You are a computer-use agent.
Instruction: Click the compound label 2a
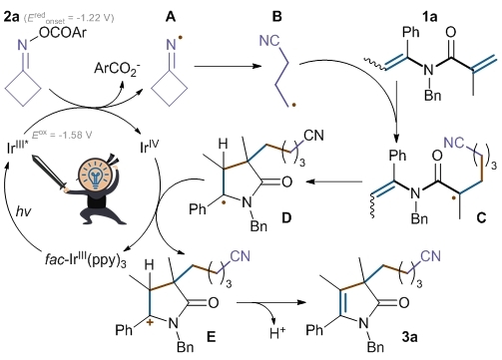pyautogui.click(x=12, y=17)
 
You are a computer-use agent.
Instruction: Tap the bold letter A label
pyautogui.click(x=171, y=17)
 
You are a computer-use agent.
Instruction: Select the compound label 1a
pyautogui.click(x=429, y=17)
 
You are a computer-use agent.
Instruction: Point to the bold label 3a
pyautogui.click(x=409, y=337)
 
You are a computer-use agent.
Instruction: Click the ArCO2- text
pyautogui.click(x=117, y=69)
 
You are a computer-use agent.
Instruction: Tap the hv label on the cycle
pyautogui.click(x=23, y=210)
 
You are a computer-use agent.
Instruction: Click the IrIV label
pyautogui.click(x=150, y=147)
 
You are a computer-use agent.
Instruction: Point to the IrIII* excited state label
pyautogui.click(x=17, y=148)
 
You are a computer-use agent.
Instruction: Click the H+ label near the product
pyautogui.click(x=277, y=333)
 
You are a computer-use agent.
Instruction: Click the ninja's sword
pyautogui.click(x=49, y=173)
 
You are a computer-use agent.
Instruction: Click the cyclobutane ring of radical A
pyautogui.click(x=170, y=89)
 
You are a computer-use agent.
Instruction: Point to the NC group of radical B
pyautogui.click(x=269, y=41)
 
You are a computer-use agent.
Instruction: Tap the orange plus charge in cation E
pyautogui.click(x=151, y=323)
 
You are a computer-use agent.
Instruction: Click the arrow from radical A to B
pyautogui.click(x=228, y=66)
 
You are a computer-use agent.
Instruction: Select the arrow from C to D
pyautogui.click(x=334, y=181)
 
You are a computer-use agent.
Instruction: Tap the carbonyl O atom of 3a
pyautogui.click(x=403, y=303)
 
